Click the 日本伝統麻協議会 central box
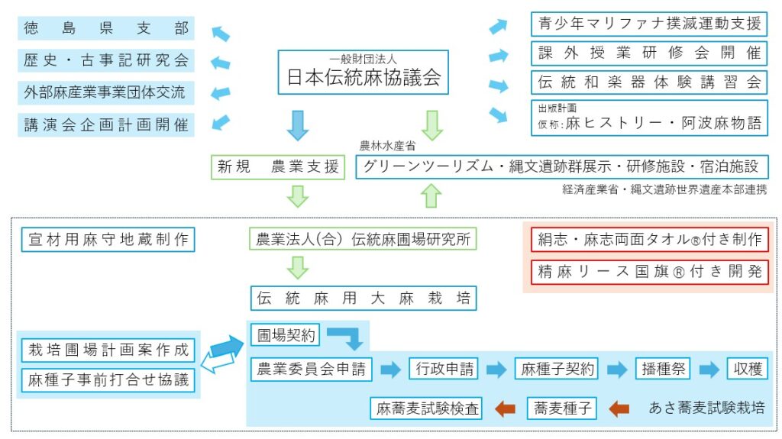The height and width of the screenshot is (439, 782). (363, 73)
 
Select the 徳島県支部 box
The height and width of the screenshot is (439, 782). (105, 29)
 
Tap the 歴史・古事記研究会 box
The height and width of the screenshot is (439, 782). (105, 60)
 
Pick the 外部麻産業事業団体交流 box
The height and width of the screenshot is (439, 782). (105, 92)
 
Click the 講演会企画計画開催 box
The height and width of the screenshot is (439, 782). (105, 124)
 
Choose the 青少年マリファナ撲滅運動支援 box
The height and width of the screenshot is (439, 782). (649, 24)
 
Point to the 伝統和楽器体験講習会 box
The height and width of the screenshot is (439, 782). (649, 82)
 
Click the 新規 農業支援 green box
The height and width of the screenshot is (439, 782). (278, 167)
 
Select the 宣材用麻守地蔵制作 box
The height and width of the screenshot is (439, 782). (108, 240)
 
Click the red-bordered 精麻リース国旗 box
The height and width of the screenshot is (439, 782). (649, 272)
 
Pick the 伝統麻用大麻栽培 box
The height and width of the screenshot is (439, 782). (363, 299)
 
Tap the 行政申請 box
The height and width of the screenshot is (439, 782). (444, 370)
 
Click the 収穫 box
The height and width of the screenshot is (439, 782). (746, 370)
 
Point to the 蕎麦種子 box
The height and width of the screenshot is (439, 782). (561, 408)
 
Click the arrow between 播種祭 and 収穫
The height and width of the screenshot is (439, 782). (709, 370)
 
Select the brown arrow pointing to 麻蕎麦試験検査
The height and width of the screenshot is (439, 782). (505, 408)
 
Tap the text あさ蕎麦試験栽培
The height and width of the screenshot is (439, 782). (706, 408)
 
